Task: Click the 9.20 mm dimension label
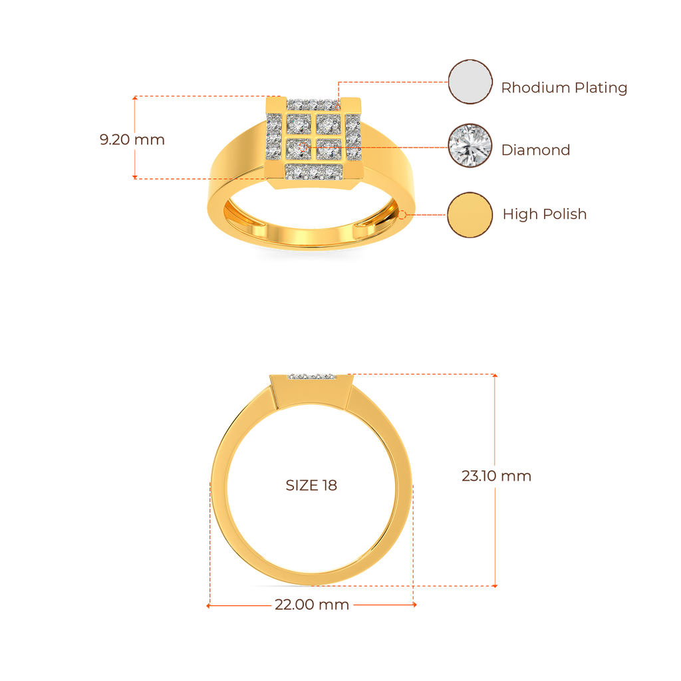click(132, 140)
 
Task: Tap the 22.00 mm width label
click(312, 605)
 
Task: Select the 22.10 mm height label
click(496, 476)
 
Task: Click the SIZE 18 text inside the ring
click(311, 485)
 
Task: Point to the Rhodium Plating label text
click(564, 88)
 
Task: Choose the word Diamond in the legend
click(535, 150)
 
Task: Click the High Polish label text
click(545, 214)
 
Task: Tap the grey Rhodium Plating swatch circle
click(470, 82)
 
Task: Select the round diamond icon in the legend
click(470, 146)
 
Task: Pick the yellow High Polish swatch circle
click(470, 214)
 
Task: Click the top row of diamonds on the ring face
click(313, 104)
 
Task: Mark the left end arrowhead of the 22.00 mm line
click(208, 606)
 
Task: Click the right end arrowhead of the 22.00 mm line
click(416, 605)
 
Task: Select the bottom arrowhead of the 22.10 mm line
click(495, 586)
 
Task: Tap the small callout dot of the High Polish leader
click(403, 215)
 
